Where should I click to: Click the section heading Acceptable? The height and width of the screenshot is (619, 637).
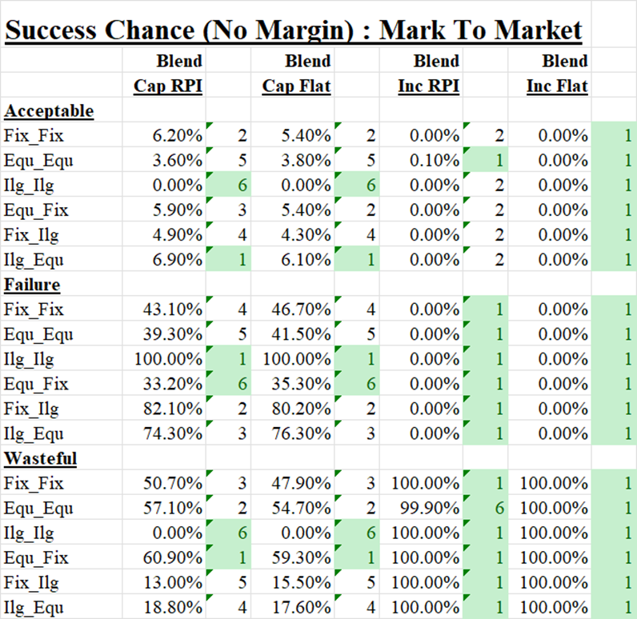click(49, 111)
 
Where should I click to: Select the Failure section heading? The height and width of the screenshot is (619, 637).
click(33, 285)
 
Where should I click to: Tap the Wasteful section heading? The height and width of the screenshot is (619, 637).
click(41, 458)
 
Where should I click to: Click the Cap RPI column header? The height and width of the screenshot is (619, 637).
click(167, 86)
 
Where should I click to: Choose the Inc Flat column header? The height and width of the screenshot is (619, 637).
click(557, 86)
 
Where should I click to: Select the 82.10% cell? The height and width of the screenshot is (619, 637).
click(177, 409)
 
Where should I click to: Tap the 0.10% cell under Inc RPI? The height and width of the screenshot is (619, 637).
click(435, 161)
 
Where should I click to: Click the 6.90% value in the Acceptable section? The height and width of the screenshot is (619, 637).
click(178, 260)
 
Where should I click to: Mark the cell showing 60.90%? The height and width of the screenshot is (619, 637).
click(177, 557)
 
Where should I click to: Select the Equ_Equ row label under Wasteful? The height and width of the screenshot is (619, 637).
click(38, 508)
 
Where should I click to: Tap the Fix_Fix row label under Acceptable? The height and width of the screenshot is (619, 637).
click(33, 136)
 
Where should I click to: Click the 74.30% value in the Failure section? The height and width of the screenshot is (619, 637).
click(177, 433)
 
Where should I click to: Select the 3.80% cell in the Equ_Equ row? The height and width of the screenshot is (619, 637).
click(307, 161)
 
